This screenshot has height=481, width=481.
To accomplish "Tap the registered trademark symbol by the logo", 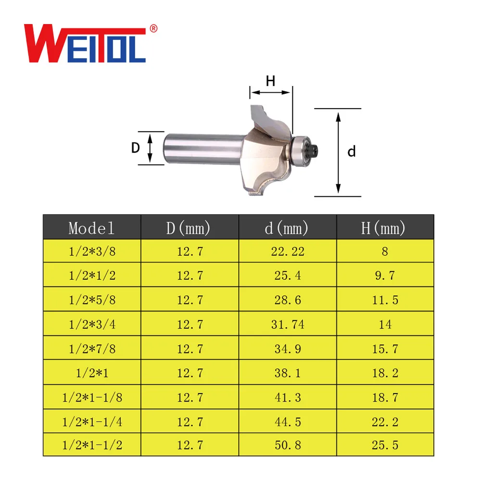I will (153, 29).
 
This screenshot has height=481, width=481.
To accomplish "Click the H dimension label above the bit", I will (271, 81).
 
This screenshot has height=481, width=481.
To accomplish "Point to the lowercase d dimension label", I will (352, 152).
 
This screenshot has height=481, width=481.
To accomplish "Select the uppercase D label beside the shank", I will (136, 148).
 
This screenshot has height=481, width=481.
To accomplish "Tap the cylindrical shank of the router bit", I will (202, 148).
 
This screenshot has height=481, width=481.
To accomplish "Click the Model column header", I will (92, 228).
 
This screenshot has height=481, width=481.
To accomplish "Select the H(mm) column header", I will (384, 228).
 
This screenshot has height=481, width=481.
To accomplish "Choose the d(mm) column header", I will (287, 228).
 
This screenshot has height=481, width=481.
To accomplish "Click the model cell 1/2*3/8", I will (92, 251).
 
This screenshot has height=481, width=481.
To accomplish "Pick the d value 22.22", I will (288, 251).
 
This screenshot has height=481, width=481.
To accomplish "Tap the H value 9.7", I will (385, 276).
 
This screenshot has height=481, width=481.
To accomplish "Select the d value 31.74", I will (288, 325).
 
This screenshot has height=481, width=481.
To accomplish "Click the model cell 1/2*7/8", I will (92, 349).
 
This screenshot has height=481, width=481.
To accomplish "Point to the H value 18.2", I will (385, 373).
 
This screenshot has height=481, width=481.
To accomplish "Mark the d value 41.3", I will (288, 397).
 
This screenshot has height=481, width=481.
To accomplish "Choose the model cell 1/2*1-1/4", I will (92, 422).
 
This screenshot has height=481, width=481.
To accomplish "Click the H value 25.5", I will (385, 445).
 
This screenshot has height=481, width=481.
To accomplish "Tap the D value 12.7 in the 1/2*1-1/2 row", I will (190, 445).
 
